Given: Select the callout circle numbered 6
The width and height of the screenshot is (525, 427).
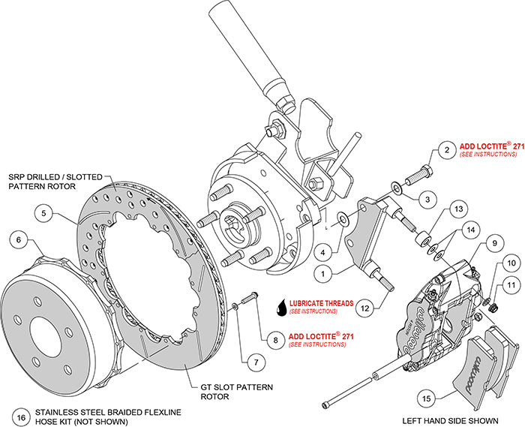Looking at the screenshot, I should click(x=19, y=240).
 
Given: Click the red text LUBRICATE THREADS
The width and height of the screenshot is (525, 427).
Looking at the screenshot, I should click(x=320, y=304).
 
